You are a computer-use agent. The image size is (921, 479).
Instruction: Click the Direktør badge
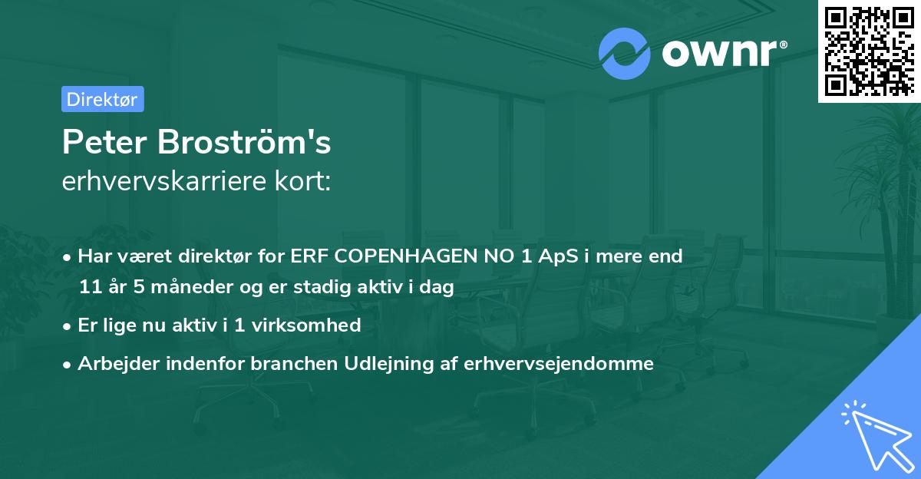[x=102, y=99]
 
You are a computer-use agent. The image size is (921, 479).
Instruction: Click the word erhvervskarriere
[x=160, y=181]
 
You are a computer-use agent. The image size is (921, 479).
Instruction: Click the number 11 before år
[x=90, y=288]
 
